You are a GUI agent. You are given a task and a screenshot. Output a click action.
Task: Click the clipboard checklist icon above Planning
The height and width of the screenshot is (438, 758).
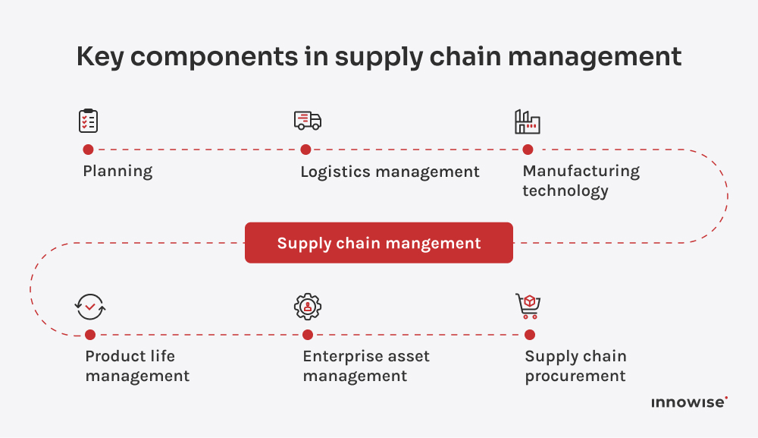point(89,121)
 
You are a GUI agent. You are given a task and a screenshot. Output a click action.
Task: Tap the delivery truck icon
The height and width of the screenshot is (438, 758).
point(307,120)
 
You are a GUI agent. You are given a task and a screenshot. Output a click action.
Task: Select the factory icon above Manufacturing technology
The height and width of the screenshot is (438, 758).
point(527,121)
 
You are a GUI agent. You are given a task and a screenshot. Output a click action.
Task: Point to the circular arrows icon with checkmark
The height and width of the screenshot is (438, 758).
point(90,307)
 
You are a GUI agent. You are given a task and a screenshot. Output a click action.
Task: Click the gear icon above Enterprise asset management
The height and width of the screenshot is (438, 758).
point(308,306)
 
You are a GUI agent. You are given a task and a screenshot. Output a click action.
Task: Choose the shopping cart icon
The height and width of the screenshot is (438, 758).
point(528,306)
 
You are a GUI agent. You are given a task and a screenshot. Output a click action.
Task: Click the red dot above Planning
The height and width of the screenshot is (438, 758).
point(88,150)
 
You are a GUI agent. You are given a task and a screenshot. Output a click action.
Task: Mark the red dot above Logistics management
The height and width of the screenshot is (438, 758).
point(305,150)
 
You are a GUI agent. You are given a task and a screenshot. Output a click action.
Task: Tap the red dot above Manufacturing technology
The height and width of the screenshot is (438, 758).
point(528,150)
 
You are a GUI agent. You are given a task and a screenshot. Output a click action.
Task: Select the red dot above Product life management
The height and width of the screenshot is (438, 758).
point(90,335)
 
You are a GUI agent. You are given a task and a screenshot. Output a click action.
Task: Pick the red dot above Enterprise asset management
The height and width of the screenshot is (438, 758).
point(308,335)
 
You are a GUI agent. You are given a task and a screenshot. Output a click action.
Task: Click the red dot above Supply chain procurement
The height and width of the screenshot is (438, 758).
point(530,335)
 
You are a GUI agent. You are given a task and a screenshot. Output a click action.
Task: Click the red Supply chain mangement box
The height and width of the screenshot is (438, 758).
point(379,243)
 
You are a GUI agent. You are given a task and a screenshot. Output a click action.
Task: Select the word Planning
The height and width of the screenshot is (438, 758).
point(117,172)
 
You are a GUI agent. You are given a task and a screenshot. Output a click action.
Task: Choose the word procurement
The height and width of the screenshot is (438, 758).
point(575,376)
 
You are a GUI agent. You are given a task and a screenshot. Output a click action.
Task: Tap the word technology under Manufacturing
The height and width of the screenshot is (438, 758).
point(565,191)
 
